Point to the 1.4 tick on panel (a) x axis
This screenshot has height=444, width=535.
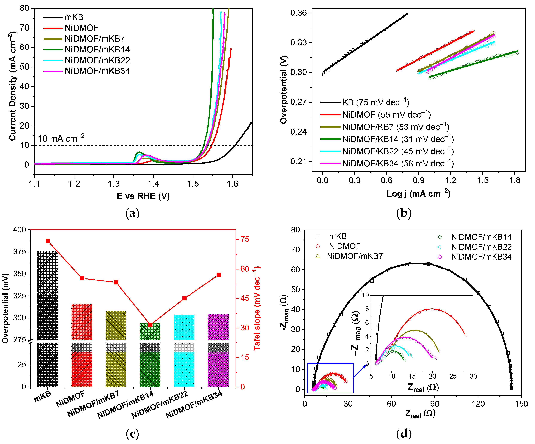pos(153,184)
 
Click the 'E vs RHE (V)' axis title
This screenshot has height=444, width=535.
pos(143,196)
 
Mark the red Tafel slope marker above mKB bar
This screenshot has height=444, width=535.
pos(48,241)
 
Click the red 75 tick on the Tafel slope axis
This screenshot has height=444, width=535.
pos(245,239)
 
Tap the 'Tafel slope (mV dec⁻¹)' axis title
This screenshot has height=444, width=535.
pos(257,308)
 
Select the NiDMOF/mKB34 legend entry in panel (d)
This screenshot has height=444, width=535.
pos(481,257)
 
